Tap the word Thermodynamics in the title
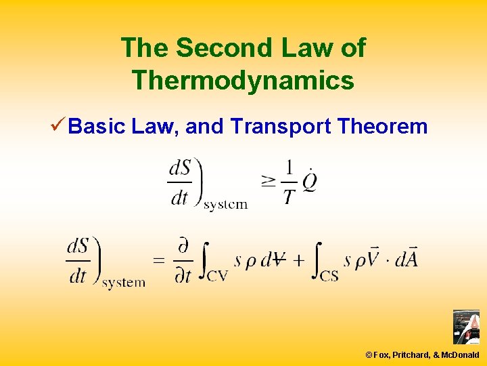(x=243, y=81)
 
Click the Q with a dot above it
(x=310, y=182)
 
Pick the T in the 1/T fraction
(x=289, y=197)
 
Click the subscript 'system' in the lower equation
(x=124, y=283)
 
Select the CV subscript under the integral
(x=217, y=276)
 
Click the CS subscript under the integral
(x=329, y=276)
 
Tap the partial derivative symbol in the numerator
(x=183, y=246)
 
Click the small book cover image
(x=465, y=327)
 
